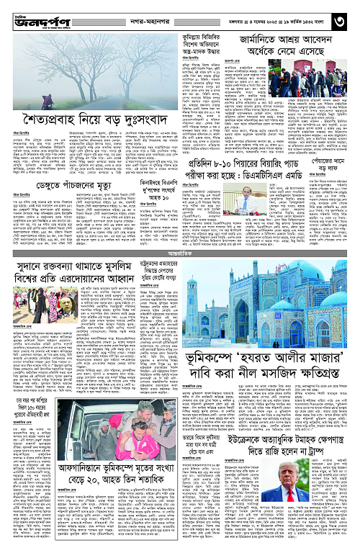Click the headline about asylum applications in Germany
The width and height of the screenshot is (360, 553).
point(288,42)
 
